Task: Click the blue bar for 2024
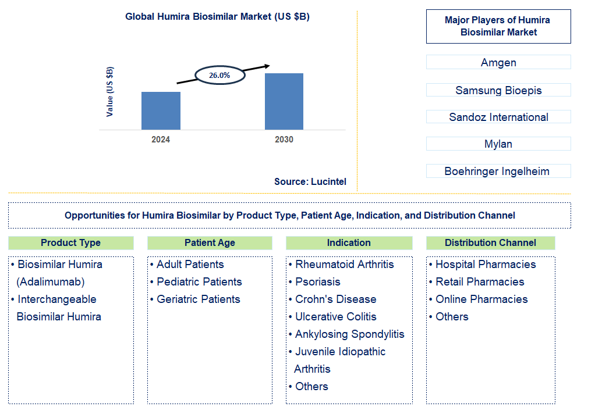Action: pyautogui.click(x=161, y=110)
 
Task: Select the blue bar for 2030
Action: pyautogui.click(x=284, y=101)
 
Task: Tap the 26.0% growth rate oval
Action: pyautogui.click(x=219, y=75)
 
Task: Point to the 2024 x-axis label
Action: pyautogui.click(x=161, y=140)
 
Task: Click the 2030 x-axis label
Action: pyautogui.click(x=284, y=140)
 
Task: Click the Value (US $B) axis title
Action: pyautogui.click(x=110, y=92)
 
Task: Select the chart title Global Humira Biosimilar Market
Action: pyautogui.click(x=217, y=17)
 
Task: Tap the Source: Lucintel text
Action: pyautogui.click(x=310, y=182)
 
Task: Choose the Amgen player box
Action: pyautogui.click(x=498, y=62)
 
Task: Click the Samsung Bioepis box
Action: pyautogui.click(x=498, y=90)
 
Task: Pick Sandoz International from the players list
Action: pyautogui.click(x=498, y=117)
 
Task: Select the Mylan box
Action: pyautogui.click(x=498, y=144)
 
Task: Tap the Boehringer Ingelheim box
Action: pyautogui.click(x=498, y=171)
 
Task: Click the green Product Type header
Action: pyautogui.click(x=70, y=242)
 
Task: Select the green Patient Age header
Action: pyautogui.click(x=210, y=242)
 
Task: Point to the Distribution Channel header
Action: pyautogui.click(x=490, y=242)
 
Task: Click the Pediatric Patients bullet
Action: pyautogui.click(x=199, y=281)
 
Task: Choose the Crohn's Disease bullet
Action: pyautogui.click(x=335, y=299)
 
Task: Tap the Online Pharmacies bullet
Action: pyautogui.click(x=481, y=299)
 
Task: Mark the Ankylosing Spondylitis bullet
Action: pyautogui.click(x=349, y=334)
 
